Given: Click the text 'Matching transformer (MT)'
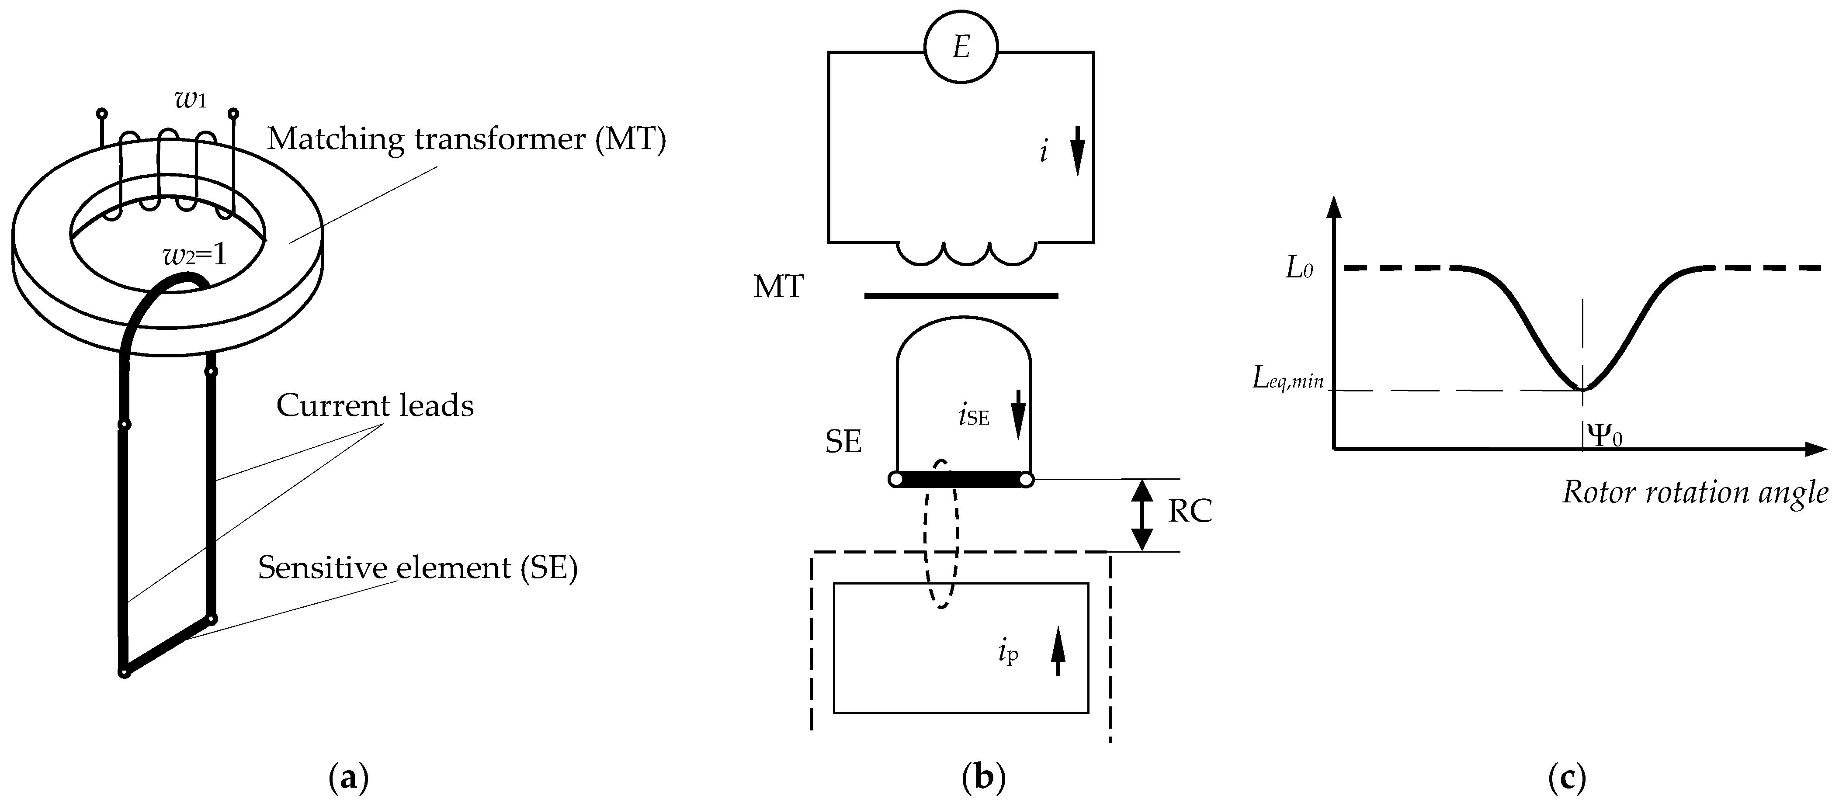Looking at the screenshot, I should (x=466, y=138).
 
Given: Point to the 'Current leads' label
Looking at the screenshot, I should (x=375, y=405).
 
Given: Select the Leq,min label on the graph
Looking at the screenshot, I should (x=1288, y=377).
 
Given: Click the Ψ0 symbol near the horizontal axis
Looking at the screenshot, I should (x=1604, y=435).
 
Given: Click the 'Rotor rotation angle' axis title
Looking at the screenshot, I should (x=1695, y=492).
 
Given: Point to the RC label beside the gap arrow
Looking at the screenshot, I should (x=1190, y=511).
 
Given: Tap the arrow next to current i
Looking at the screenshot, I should (x=1078, y=157).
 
